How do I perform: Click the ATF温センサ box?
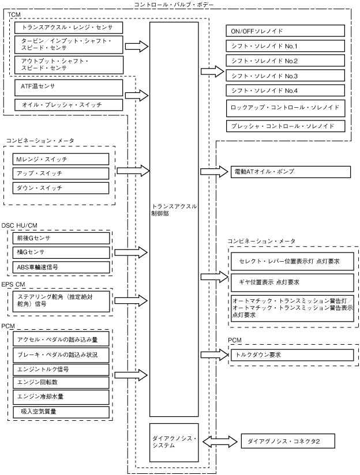point(69,88)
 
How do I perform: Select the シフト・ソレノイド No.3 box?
point(285,76)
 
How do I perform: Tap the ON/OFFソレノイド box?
point(285,31)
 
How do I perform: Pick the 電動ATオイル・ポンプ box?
point(291,172)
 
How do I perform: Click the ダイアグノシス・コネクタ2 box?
point(288,441)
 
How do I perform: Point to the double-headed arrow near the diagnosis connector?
point(220,441)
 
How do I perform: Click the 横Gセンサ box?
point(61,252)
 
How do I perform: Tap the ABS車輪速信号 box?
point(61,267)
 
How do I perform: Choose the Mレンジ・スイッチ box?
point(61,159)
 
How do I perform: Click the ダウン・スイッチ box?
point(61,188)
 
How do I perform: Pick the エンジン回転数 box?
point(61,383)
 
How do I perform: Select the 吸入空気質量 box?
point(61,412)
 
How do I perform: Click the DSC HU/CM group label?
point(20,226)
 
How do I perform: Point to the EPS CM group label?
point(13,284)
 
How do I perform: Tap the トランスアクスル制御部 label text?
point(174,210)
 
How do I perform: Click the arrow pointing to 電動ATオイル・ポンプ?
point(214,171)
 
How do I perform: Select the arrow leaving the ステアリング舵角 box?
point(131,300)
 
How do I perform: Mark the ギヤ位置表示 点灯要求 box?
point(292,282)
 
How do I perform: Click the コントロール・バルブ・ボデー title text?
point(174,5)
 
